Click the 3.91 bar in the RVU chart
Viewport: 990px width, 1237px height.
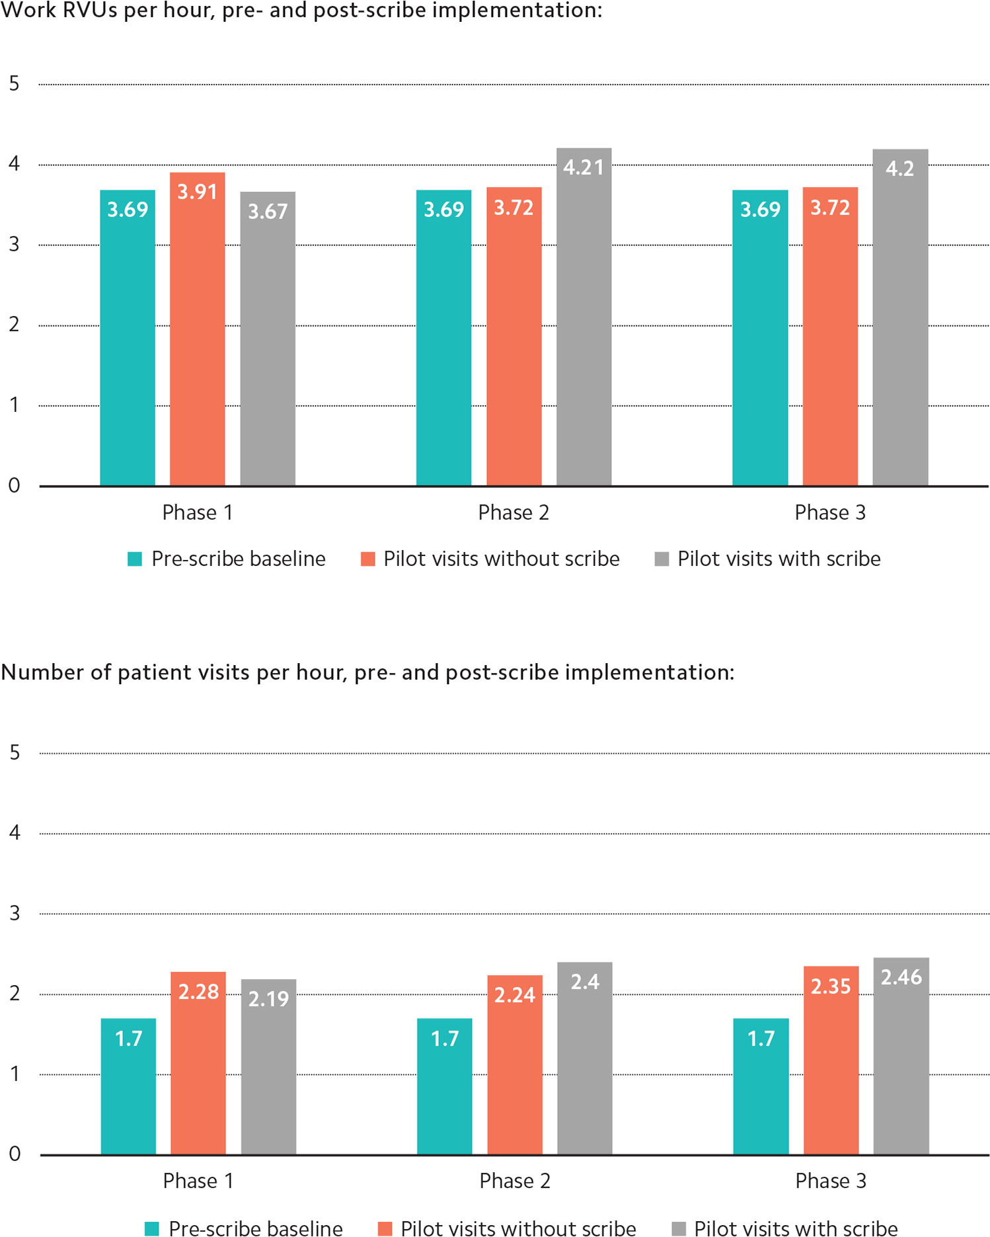click(197, 331)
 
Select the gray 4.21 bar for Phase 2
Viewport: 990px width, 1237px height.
click(584, 317)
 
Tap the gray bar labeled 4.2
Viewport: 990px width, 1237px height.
click(900, 317)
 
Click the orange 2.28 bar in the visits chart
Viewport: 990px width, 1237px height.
click(198, 1064)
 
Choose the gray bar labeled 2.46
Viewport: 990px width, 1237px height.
click(901, 1058)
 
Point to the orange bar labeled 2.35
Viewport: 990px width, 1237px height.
click(831, 1061)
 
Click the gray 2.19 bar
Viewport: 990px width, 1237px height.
click(268, 1068)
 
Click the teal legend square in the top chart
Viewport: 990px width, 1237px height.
click(135, 559)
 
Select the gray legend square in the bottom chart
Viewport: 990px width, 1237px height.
click(679, 1228)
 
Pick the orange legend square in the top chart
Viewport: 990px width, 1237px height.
click(368, 559)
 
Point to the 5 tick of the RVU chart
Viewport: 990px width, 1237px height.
click(14, 84)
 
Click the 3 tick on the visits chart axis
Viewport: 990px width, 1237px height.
click(15, 914)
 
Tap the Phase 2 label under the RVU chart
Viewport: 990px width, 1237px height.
click(514, 513)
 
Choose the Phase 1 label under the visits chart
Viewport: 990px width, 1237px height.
click(198, 1181)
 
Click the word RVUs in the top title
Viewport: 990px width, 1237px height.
click(90, 11)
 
